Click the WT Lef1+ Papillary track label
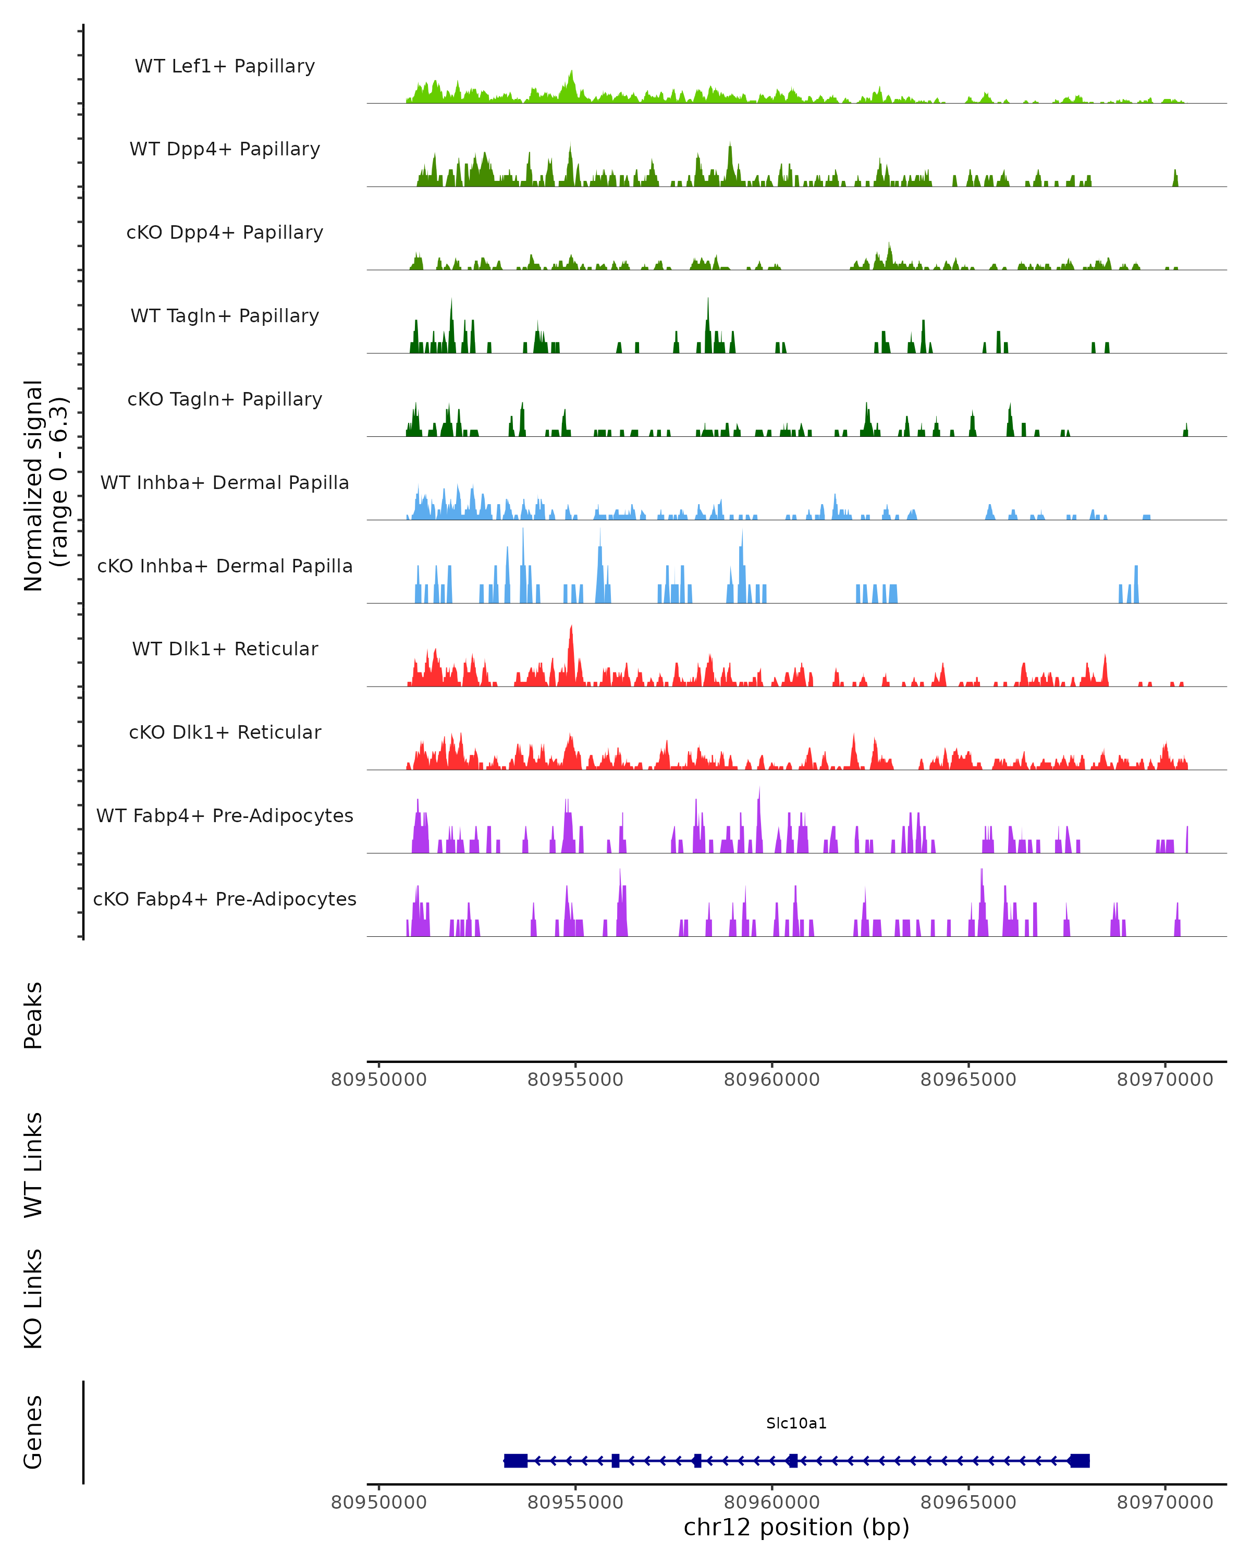pos(225,66)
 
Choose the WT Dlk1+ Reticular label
pos(225,649)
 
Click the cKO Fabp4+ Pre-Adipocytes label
pos(225,899)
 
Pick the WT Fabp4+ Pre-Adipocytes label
pos(225,815)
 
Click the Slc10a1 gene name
pos(796,1423)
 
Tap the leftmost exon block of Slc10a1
pos(516,1461)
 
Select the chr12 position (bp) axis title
pos(796,1528)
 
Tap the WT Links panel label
pos(33,1164)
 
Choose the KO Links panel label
pos(33,1299)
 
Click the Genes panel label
pos(33,1432)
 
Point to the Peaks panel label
pos(33,1015)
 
